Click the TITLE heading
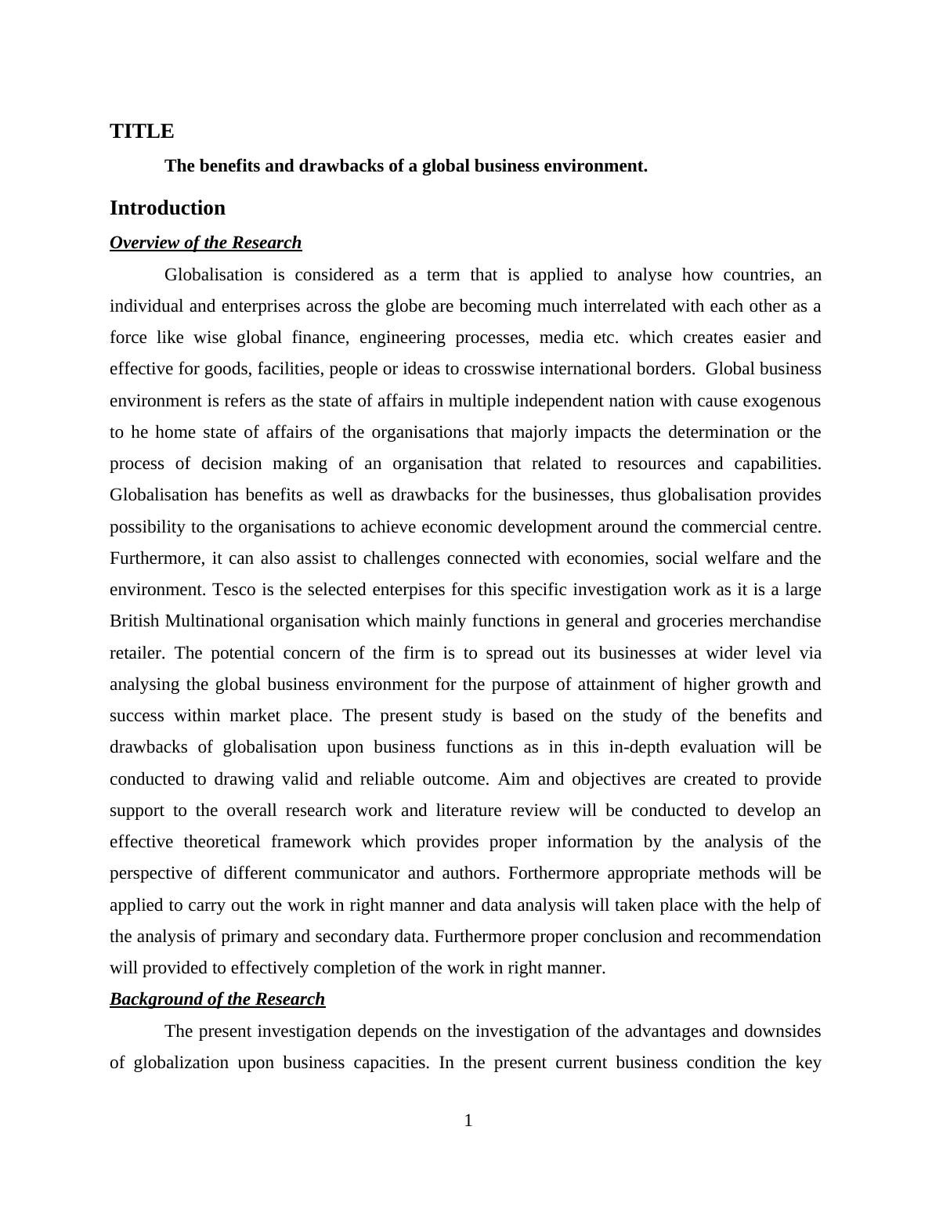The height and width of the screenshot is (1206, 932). pyautogui.click(x=142, y=132)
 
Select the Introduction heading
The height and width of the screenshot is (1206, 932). pyautogui.click(x=168, y=208)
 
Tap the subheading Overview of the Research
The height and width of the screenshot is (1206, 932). pyautogui.click(x=205, y=243)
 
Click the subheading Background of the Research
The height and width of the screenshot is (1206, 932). pyautogui.click(x=217, y=999)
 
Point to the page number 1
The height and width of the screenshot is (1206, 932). pyautogui.click(x=468, y=1121)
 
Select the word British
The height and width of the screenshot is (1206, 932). pyautogui.click(x=135, y=621)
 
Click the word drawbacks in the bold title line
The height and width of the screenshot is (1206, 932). pyautogui.click(x=341, y=166)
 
